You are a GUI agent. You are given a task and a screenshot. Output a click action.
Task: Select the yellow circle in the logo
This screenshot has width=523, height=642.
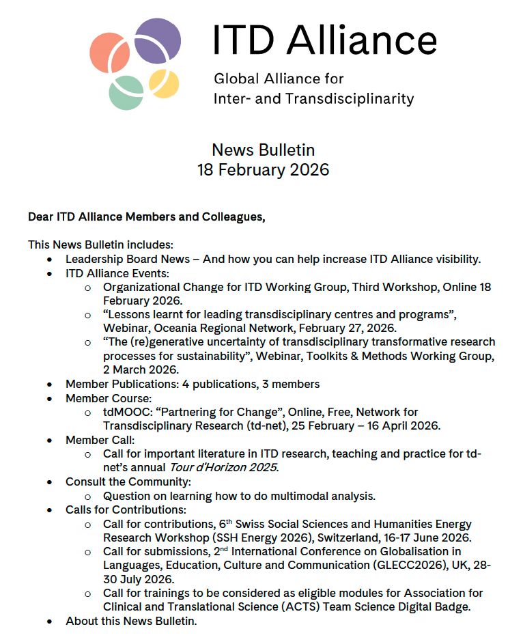[x=164, y=83]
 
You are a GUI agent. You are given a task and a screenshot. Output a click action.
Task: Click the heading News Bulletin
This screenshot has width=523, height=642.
[x=263, y=150]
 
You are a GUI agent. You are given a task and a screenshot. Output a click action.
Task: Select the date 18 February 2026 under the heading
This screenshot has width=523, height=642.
[x=263, y=169]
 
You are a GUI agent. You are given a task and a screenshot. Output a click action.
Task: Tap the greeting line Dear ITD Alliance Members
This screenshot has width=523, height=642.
[x=146, y=217]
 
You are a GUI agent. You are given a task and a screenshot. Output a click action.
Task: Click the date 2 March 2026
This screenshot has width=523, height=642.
[x=142, y=369]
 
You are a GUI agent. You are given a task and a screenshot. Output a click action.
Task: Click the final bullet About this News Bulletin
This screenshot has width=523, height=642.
[x=131, y=621]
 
